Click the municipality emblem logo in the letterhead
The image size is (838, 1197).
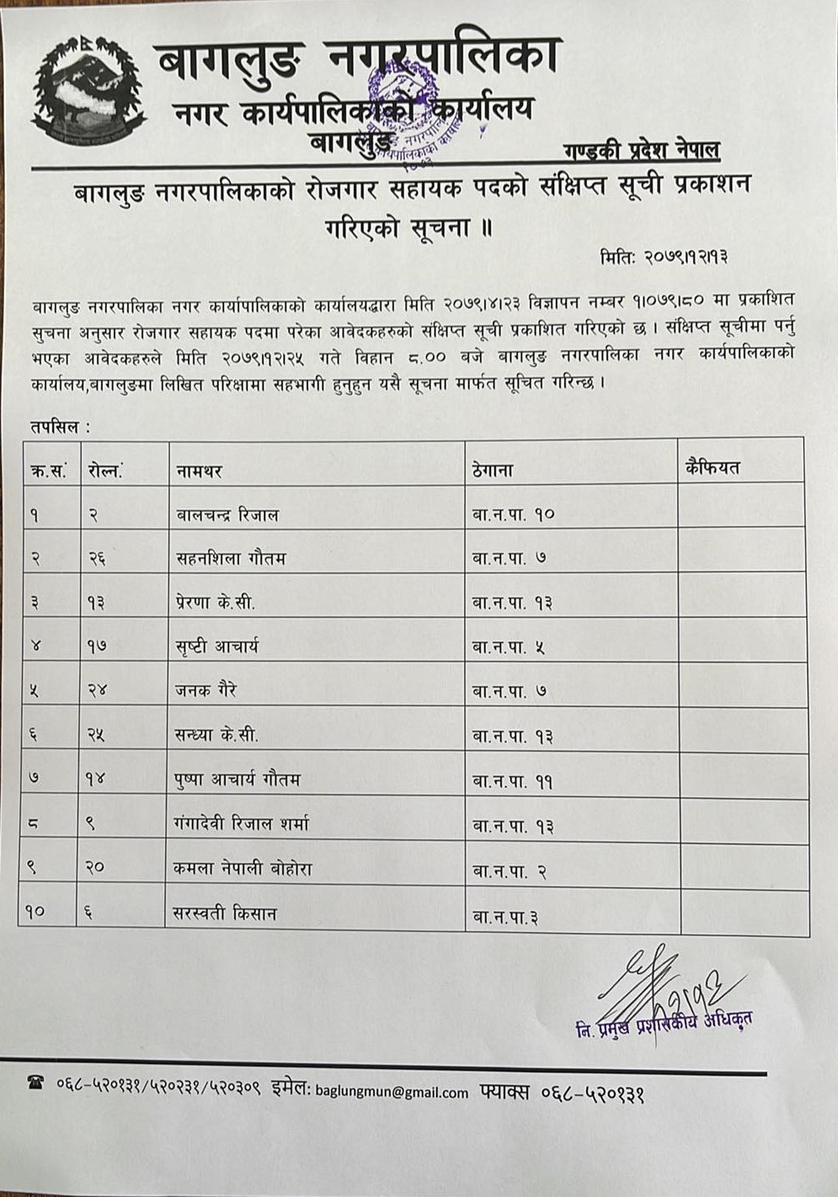click(88, 92)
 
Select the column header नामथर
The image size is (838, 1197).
click(199, 471)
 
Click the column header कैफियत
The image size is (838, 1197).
click(713, 467)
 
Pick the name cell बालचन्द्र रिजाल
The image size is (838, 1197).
click(227, 514)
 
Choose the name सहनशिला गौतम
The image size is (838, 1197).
click(231, 557)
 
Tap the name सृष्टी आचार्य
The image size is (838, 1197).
click(217, 646)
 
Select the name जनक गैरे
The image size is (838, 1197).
click(206, 690)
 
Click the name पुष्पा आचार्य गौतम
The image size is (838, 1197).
click(238, 779)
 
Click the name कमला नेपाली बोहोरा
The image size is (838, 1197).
click(244, 868)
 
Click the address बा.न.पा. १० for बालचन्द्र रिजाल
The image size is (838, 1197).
click(513, 514)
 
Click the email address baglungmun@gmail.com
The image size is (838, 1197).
click(392, 1093)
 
